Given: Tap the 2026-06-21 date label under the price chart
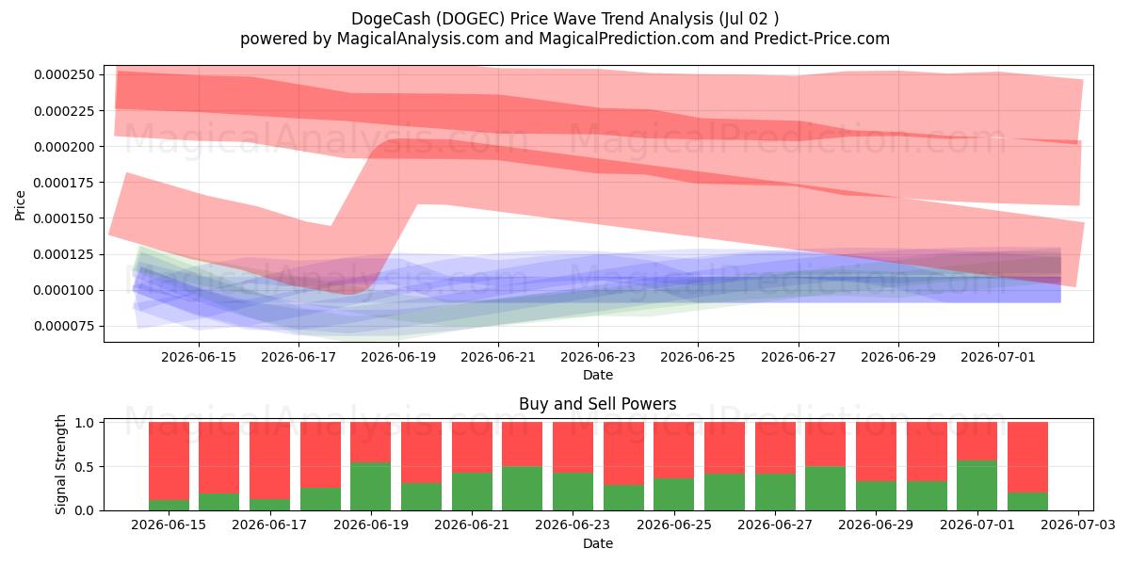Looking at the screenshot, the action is [x=498, y=357].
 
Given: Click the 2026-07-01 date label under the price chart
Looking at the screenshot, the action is [x=998, y=357].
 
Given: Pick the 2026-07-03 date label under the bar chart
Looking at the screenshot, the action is [x=1078, y=525].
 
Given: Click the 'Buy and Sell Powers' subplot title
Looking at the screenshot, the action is [x=598, y=404].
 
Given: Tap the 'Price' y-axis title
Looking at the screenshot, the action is [x=20, y=205].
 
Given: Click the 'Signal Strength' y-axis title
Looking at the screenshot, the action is [x=60, y=464].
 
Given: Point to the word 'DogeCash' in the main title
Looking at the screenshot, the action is [x=391, y=19].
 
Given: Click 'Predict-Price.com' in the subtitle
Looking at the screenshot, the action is [x=822, y=39].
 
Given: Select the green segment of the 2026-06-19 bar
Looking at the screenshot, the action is [x=371, y=486].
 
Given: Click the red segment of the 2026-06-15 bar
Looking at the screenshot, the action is [x=169, y=461].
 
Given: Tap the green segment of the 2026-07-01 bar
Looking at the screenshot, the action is [x=977, y=485].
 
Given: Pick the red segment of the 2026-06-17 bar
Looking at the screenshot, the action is [x=270, y=460].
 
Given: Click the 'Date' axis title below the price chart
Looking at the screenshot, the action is [x=598, y=375].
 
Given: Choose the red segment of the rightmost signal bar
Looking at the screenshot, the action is [x=1027, y=457].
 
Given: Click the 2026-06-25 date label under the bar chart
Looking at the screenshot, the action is [x=674, y=525].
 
